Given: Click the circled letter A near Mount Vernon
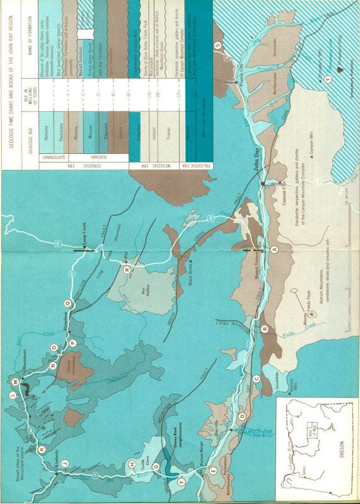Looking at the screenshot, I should tap(274, 249).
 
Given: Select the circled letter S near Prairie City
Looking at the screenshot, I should tap(218, 46).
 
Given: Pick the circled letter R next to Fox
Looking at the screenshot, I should tap(127, 269).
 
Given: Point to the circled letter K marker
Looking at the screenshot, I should tap(42, 449).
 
